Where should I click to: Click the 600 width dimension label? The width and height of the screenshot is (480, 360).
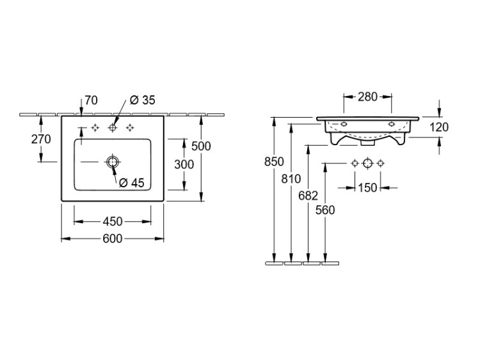coord(113,239)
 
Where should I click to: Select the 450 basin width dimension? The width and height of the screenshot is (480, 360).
coord(113,221)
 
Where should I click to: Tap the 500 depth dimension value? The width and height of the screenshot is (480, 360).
coord(201,146)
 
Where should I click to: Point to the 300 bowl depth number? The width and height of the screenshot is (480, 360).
coord(184,164)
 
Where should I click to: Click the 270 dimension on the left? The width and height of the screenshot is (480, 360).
coord(41,139)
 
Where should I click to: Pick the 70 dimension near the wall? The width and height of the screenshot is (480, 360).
coord(92,100)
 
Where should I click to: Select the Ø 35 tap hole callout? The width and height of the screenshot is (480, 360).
coord(142,100)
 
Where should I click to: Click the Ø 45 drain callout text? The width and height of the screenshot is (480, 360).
coord(131,183)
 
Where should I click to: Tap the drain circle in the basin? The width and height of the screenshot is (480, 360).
coord(113,162)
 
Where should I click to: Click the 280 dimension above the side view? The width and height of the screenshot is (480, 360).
coord(367,97)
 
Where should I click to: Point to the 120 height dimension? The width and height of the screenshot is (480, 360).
coord(438,127)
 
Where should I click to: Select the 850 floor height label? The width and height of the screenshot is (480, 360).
coord(274,162)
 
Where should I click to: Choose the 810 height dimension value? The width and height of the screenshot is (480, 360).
coord(291,178)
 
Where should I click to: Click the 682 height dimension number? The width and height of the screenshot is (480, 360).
coord(308,196)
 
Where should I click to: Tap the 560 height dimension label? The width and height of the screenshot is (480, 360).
coord(325,210)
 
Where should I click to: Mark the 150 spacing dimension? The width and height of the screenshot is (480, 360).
coord(367,188)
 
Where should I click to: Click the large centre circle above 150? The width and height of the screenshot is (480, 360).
coord(367,163)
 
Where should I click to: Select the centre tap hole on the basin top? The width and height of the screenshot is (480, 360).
coord(113,127)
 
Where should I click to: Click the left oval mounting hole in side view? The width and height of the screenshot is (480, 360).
coord(344,124)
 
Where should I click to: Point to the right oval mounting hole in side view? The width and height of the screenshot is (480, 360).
coord(392,124)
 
